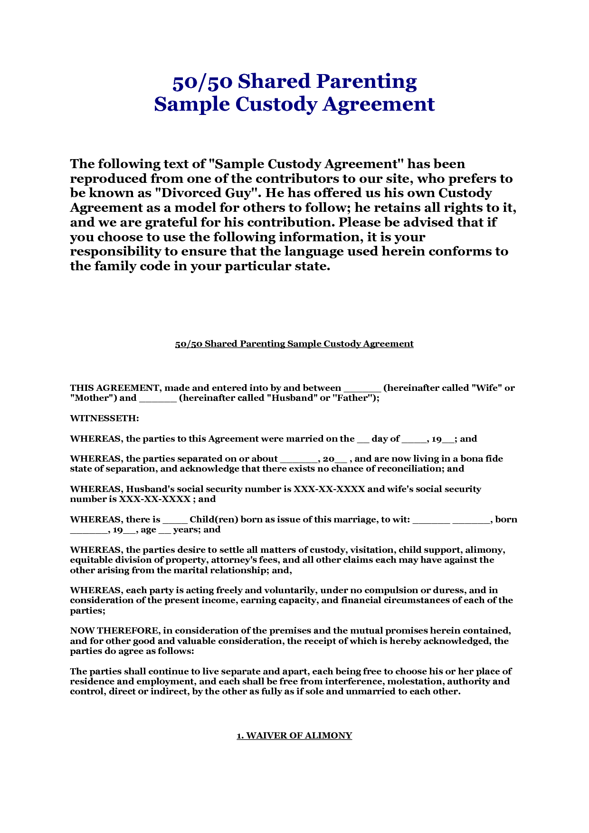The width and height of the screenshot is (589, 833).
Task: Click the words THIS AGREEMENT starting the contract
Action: tap(114, 388)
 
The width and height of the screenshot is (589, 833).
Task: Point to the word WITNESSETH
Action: tap(104, 418)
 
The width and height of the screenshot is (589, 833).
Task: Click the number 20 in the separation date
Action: tap(328, 459)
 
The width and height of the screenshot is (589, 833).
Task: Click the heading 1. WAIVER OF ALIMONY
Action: tap(294, 736)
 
